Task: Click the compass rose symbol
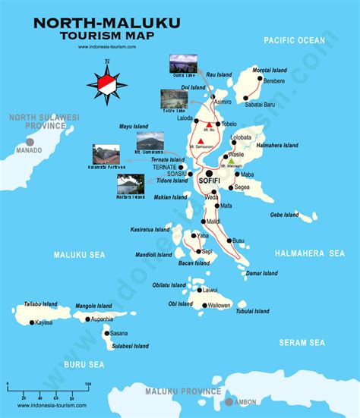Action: pos(106,82)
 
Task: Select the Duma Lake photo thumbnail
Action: pos(182,63)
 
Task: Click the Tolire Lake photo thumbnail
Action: pos(174,99)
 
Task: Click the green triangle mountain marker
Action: pos(231,160)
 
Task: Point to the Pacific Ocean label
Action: pos(293,40)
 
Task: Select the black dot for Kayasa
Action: pos(32,322)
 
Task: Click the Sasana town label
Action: pos(119,333)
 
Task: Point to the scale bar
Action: pos(47,389)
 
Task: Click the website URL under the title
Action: pos(106,47)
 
